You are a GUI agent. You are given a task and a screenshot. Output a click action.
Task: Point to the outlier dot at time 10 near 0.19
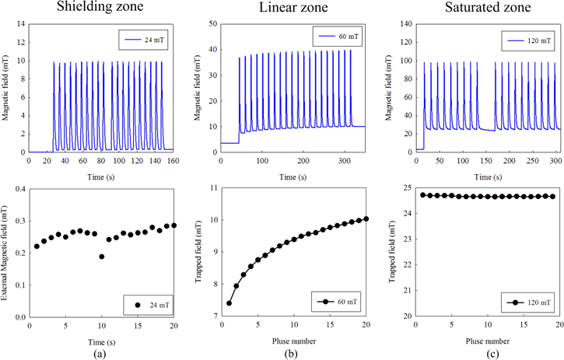pos(101,257)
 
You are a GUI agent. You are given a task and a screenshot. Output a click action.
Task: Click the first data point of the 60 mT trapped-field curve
pos(229,303)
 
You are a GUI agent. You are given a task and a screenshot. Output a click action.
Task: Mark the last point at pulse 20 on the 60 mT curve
pos(366,218)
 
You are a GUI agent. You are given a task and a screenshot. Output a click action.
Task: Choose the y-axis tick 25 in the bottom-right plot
pos(406,188)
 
